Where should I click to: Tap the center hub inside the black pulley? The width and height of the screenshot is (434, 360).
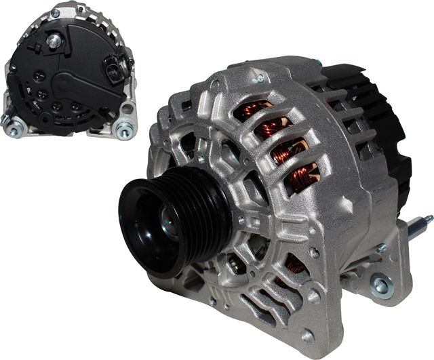click(167, 224)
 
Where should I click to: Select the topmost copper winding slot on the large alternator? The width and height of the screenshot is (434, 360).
click(254, 109)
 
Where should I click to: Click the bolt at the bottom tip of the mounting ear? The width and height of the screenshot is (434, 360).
click(307, 335)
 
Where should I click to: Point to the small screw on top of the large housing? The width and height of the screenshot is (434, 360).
click(258, 79)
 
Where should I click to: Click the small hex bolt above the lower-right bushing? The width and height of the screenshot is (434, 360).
click(381, 249)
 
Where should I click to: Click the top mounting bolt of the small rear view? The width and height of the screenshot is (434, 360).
click(55, 13)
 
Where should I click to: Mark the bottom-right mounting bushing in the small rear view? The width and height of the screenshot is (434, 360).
click(123, 131)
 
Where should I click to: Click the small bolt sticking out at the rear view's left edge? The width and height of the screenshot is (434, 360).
click(5, 117)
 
